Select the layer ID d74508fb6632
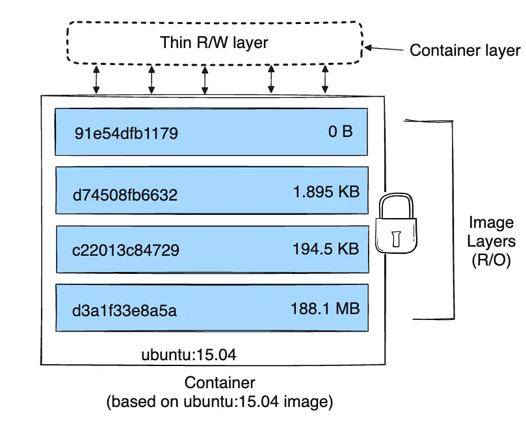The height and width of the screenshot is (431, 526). pos(125,193)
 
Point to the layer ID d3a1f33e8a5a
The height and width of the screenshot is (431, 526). pos(125,310)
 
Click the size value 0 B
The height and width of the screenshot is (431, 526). pos(340,132)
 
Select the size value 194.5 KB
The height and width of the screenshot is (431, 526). pos(326,249)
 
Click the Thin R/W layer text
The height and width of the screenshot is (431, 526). pos(214,43)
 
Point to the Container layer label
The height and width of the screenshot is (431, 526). pos(464,50)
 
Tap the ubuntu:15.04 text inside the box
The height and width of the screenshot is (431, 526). pos(189,355)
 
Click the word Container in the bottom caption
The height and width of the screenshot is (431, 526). pos(220,382)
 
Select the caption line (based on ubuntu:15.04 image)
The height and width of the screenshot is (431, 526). pos(220,402)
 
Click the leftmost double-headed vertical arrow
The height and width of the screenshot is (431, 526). pos(96,79)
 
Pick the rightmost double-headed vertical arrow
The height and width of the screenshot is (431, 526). pos(324,79)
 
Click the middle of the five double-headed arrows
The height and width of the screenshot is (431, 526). pos(204,79)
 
